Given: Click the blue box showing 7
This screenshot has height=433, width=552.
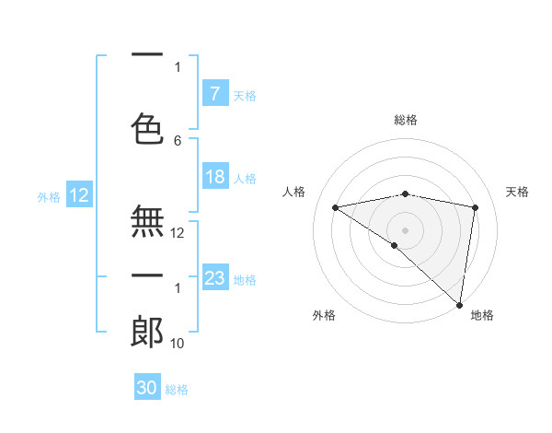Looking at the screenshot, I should (x=214, y=94).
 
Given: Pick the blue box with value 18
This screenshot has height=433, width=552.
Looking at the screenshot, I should (x=214, y=177).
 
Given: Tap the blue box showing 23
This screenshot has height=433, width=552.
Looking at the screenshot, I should (x=214, y=278).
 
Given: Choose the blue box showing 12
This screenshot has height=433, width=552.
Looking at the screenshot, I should (x=78, y=195).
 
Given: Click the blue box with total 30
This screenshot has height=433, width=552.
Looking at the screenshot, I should (x=146, y=388).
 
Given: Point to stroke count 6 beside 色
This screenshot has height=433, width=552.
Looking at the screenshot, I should (x=178, y=140).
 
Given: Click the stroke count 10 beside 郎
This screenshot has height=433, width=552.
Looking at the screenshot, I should (x=178, y=343).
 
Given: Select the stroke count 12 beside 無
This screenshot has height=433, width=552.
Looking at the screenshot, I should (x=178, y=233).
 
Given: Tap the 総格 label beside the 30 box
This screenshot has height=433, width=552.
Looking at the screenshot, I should (x=177, y=390).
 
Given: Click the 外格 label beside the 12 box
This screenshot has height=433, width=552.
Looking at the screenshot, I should (x=48, y=196).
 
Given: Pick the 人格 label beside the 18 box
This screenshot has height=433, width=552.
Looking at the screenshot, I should (x=245, y=178).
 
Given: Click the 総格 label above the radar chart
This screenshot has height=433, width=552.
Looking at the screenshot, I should (x=406, y=121).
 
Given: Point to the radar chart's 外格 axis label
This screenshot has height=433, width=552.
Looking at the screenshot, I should (x=324, y=316).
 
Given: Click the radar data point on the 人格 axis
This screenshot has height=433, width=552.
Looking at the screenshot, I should (x=336, y=207).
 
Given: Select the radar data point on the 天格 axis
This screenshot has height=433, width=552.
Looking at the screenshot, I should (x=475, y=207).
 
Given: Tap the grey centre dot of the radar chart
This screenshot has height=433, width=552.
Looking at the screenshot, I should (x=405, y=229).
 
